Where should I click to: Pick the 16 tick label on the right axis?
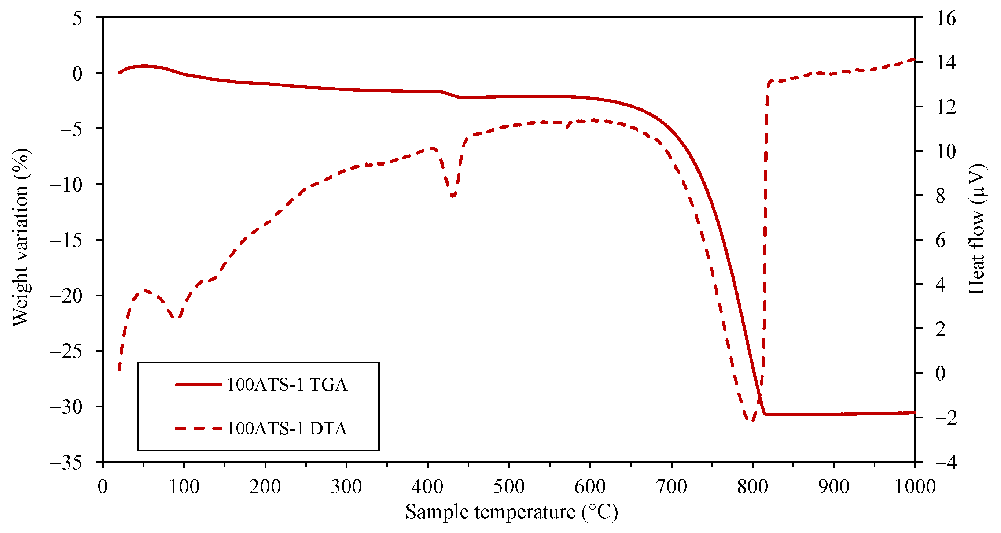(945, 18)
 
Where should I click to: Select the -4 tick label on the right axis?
(945, 462)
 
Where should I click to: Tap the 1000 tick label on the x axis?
(915, 486)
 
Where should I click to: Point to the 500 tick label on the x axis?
(509, 486)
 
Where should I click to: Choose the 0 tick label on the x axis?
(103, 486)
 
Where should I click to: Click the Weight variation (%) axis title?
(20, 238)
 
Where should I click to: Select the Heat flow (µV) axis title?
(976, 229)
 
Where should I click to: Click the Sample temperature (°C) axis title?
(511, 512)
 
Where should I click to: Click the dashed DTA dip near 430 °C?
(453, 196)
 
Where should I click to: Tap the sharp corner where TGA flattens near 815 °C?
(765, 414)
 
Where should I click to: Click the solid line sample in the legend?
(198, 385)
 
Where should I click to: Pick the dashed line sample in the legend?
(198, 429)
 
